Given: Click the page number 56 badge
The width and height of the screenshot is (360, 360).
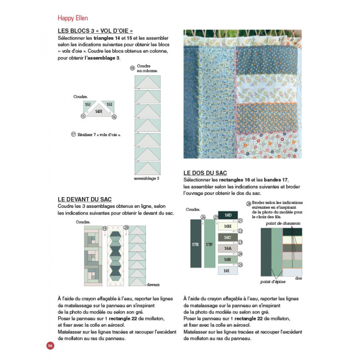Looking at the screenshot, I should pos(50,346).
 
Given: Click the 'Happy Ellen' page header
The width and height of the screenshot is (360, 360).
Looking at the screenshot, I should pos(72,18).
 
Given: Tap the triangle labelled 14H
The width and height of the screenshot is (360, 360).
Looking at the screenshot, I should pos(99,111).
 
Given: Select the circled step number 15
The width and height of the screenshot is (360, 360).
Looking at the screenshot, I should pos(83,116).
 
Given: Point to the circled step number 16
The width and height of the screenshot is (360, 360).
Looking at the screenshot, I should pos(114,117).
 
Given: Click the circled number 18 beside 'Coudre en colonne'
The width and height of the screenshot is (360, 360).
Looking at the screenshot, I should pos(132,68).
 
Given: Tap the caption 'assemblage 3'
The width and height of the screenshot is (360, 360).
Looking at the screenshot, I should pos(147,178).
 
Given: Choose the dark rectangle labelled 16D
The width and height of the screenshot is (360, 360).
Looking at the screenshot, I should pos(228,216).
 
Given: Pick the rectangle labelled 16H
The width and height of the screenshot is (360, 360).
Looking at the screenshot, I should pos(228,226).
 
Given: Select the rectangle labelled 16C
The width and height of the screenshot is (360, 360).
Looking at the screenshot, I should pos(228,237).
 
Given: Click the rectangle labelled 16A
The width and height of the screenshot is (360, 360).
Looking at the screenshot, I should pos(228,248).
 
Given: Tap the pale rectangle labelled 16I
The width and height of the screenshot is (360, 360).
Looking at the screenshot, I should pos(228,270).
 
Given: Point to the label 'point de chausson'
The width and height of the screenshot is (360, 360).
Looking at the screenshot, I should pos(283,224).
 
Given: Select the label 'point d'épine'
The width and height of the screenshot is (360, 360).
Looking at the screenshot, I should pos(272,282).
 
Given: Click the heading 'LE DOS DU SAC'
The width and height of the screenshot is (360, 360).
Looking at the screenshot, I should pos(205,173).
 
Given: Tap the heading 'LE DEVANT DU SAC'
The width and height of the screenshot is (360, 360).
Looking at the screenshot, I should pos(85,199).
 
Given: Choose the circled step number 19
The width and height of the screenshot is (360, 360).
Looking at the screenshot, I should pos(104,229).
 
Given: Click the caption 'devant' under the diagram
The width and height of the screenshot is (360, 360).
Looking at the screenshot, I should pos(153,284).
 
